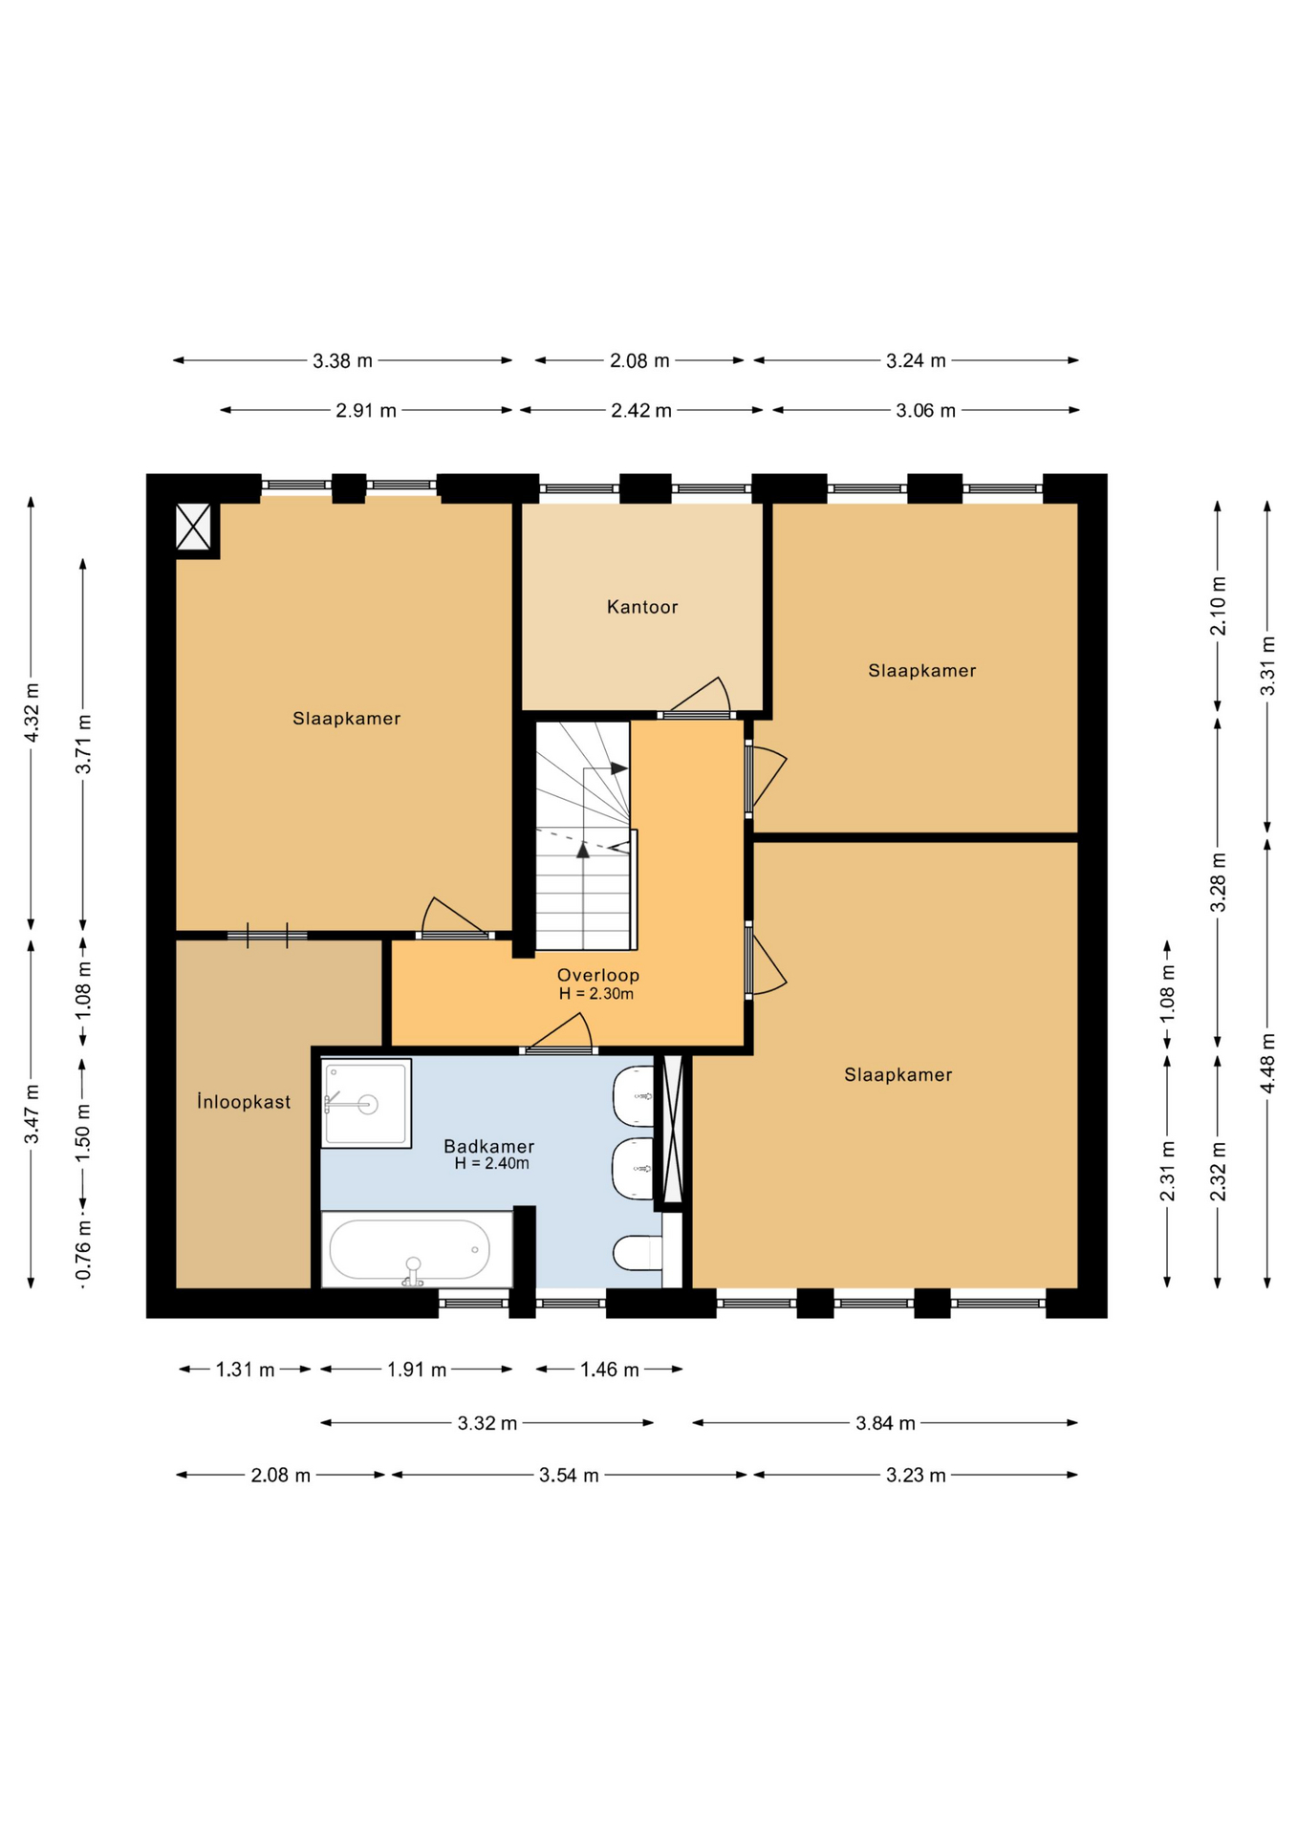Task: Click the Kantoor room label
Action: [642, 607]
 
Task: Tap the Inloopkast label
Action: [244, 1102]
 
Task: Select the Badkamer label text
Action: [489, 1146]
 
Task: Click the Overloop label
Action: [598, 975]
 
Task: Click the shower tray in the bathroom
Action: [366, 1103]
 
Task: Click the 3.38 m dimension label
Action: [342, 361]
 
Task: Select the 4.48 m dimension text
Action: [1267, 1064]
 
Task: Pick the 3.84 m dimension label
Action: [885, 1423]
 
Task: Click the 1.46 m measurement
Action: [610, 1370]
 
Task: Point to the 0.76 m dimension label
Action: [84, 1249]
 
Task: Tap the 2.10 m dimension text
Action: [1218, 606]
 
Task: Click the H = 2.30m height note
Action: [596, 994]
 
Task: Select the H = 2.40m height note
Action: [491, 1164]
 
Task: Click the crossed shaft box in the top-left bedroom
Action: [193, 527]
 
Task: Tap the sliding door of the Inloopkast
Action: [267, 936]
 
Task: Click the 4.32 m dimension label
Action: [32, 712]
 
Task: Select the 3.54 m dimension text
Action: [569, 1476]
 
